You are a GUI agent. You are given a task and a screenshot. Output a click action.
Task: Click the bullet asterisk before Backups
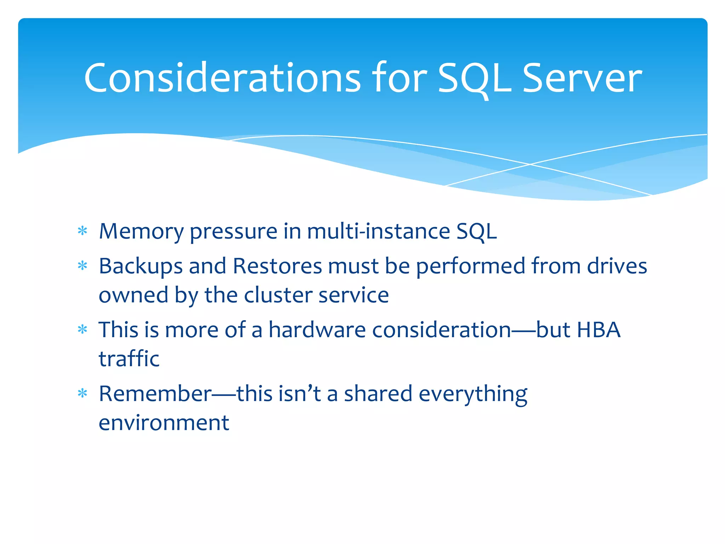[82, 266]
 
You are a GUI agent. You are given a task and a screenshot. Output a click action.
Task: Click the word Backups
[141, 266]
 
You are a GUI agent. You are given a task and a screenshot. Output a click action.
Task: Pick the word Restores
[277, 266]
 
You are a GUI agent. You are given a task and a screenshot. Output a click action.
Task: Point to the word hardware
[317, 330]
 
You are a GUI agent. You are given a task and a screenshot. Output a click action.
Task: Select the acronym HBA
[599, 330]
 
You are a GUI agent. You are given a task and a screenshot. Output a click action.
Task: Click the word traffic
[129, 359]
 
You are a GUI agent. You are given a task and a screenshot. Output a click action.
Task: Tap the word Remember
[155, 394]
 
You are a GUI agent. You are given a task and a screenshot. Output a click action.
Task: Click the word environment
[164, 423]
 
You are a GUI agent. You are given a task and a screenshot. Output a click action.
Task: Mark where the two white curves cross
[530, 164]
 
